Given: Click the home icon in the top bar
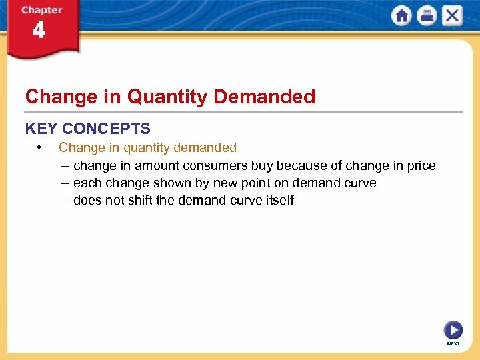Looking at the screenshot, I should [401, 16].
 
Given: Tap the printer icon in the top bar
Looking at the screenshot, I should [427, 16].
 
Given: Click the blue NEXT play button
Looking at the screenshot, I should [453, 330].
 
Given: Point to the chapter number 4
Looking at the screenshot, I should [39, 31].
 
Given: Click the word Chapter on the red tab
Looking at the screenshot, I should [41, 10].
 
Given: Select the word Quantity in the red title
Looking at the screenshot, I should [167, 97].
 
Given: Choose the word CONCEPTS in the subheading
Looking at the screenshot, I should [106, 129].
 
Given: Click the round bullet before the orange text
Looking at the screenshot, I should [41, 147].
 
